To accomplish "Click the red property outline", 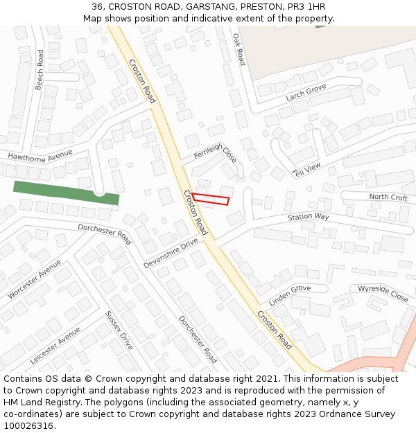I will tap(211, 200).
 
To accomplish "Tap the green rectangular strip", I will tap(66, 193).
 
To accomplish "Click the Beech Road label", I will tap(40, 69).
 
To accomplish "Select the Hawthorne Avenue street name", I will tap(40, 156).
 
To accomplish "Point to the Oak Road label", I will tap(239, 49).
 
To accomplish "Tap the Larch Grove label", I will tap(306, 92).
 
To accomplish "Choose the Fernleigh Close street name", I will tap(216, 152).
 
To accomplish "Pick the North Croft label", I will tap(388, 197).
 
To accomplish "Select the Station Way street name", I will tap(309, 217).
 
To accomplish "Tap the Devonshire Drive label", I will tap(171, 254).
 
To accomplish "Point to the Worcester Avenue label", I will tap(35, 279).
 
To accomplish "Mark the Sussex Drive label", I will tap(119, 330).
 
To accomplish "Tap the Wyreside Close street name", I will tap(383, 293).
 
